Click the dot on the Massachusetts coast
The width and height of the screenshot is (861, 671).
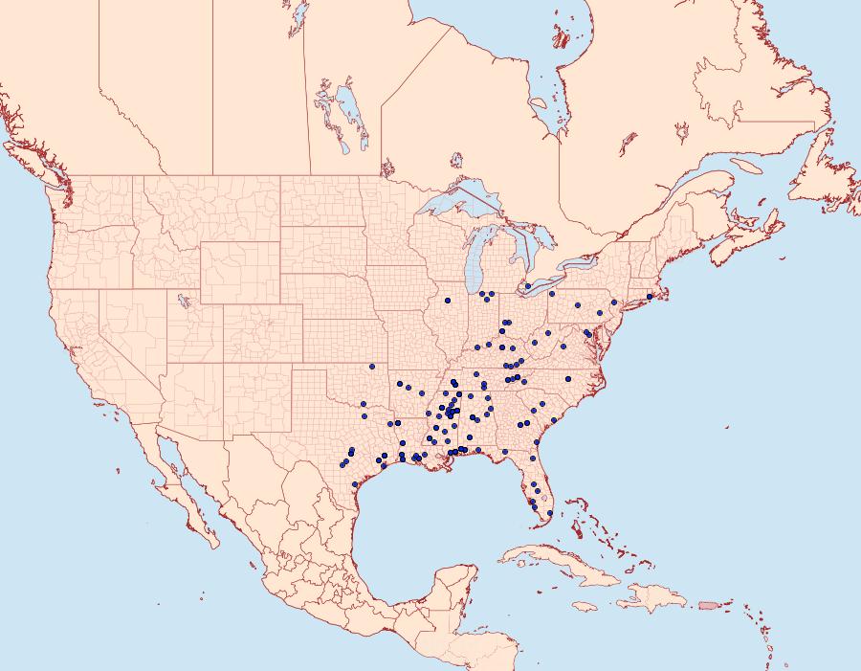[x=650, y=297]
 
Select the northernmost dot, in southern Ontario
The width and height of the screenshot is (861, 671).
[x=528, y=286]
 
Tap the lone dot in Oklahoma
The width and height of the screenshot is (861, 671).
[x=371, y=367]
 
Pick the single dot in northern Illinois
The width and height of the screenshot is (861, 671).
[x=448, y=301]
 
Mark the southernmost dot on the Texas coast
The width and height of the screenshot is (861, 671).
[x=355, y=484]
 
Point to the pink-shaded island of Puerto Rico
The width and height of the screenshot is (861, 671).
[x=708, y=604]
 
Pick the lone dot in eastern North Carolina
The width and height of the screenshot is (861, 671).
[x=568, y=379]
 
